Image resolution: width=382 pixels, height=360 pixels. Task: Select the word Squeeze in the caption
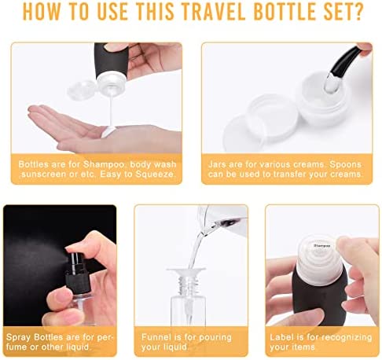click(155, 174)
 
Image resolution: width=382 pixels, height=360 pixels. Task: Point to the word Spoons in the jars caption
click(345, 164)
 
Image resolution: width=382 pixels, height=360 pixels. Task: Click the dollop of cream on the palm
click(108, 131)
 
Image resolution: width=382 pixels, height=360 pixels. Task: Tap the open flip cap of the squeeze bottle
click(82, 90)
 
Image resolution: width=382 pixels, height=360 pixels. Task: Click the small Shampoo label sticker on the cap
click(321, 246)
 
